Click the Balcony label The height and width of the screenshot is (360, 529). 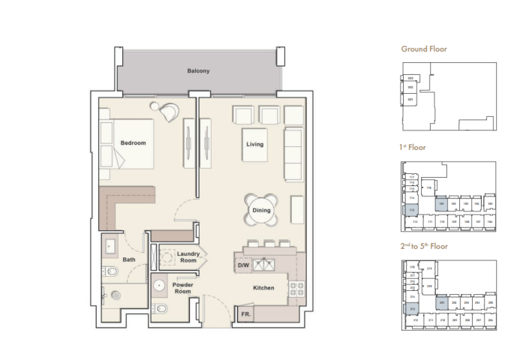pos(198,71)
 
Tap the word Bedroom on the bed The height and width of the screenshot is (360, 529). pos(133,142)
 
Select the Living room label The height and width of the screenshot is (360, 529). pos(254,144)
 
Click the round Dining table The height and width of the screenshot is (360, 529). pos(260,211)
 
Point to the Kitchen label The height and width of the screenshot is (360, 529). pos(263,288)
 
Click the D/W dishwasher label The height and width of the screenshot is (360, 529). pos(243,265)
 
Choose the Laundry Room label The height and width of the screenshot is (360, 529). pos(188,257)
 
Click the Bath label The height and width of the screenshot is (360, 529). pos(129,260)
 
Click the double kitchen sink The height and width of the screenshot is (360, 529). pos(264,264)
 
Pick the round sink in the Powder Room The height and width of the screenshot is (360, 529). pos(160,286)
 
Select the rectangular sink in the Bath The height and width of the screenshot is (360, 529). pos(110,246)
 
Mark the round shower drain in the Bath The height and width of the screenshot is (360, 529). pos(116,295)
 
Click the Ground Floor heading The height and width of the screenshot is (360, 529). pos(424,49)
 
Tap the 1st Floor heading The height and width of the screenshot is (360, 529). pos(413,148)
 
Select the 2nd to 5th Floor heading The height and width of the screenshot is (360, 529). pos(425,246)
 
